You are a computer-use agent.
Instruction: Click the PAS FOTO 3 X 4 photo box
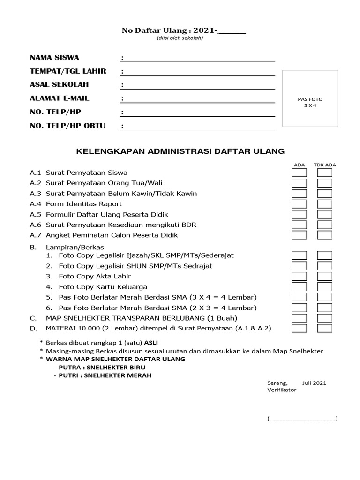[310, 98]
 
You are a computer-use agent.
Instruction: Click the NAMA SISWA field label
[54, 58]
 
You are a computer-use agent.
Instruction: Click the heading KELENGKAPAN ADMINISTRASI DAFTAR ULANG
[180, 151]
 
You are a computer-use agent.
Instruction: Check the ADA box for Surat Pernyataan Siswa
[299, 173]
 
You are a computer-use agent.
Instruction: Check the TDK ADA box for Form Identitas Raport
[324, 204]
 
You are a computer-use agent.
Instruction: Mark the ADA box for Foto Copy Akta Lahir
[299, 277]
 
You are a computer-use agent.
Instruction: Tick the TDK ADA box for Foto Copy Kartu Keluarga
[324, 287]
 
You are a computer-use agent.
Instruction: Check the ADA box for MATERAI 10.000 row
[299, 328]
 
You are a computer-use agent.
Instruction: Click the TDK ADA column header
[324, 165]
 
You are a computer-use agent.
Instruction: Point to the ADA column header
[299, 165]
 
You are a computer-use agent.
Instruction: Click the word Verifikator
[282, 390]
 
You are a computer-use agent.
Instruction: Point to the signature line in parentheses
[302, 419]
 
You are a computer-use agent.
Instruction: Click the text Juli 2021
[314, 382]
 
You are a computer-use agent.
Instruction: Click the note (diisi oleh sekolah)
[180, 38]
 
